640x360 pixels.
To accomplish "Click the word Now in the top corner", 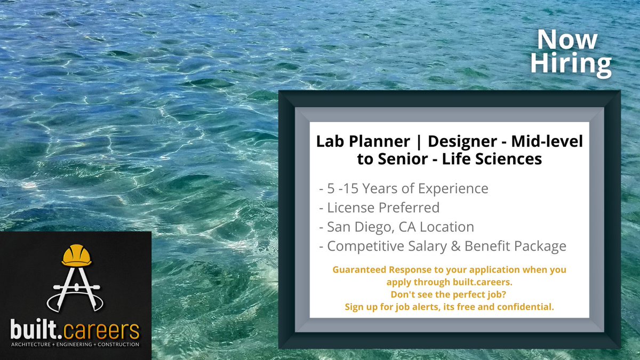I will click(567, 41).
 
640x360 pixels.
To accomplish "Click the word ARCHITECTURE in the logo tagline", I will click(34, 345).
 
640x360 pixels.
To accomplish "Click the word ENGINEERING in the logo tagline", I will click(76, 345).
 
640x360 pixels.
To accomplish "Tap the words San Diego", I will click(358, 227).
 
